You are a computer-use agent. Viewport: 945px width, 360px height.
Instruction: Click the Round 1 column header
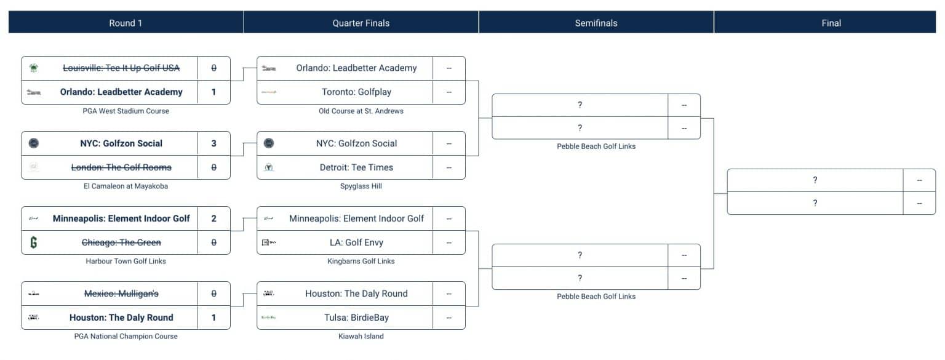126,23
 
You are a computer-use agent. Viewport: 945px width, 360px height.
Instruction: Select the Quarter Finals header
361,23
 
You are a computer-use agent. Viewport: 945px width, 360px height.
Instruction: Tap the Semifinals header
596,23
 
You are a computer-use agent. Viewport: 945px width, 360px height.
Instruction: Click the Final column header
831,23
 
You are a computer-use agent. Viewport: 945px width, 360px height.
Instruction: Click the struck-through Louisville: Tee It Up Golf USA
121,68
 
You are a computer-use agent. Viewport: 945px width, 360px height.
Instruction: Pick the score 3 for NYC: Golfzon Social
213,143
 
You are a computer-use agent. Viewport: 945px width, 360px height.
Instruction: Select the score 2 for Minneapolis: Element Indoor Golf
213,218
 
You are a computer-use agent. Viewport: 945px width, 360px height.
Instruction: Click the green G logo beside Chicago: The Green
34,242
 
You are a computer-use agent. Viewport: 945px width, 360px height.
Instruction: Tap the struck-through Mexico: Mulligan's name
121,294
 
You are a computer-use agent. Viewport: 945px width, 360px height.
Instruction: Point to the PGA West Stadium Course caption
126,111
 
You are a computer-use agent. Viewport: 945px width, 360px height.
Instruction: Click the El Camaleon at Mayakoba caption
126,186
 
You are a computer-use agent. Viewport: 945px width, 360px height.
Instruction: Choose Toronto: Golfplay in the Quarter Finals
356,92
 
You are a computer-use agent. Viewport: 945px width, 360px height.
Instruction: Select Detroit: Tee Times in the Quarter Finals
356,167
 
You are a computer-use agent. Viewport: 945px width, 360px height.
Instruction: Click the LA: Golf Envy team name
356,242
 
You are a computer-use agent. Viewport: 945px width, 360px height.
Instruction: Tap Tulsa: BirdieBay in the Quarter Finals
356,318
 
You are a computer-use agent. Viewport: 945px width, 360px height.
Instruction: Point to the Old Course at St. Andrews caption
361,111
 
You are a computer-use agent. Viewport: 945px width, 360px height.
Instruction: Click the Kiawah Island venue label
361,336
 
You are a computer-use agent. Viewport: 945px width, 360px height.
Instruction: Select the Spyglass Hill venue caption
361,186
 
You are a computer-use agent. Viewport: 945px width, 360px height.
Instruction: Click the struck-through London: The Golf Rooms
121,167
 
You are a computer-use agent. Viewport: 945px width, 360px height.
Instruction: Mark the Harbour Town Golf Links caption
126,261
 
